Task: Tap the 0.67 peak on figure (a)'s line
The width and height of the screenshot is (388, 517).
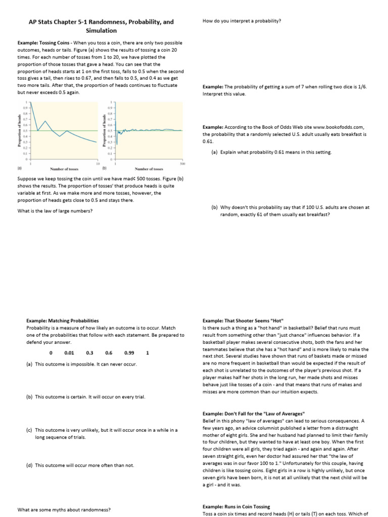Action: (45, 121)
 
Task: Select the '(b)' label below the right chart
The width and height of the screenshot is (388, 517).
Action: (104, 169)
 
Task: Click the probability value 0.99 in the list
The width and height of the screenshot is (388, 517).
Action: (129, 353)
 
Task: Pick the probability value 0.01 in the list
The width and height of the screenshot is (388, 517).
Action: (69, 353)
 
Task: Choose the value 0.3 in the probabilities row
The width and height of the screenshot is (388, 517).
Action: (90, 353)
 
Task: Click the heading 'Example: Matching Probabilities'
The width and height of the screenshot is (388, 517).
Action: (63, 321)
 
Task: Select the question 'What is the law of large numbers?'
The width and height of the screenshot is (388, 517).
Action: (55, 211)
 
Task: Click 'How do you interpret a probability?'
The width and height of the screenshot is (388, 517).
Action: (241, 21)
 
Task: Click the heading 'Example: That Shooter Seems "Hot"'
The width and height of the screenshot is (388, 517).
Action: (243, 321)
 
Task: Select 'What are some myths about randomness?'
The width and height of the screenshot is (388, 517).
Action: (64, 509)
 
